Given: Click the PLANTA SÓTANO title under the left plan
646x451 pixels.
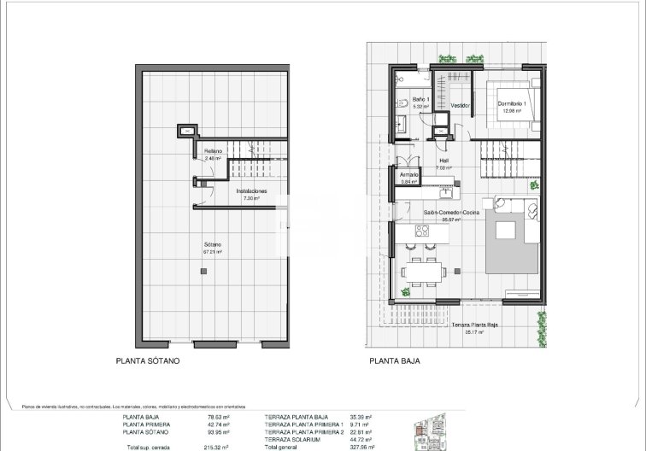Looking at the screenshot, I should point(148,361).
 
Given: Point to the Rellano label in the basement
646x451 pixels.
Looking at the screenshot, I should point(213,153).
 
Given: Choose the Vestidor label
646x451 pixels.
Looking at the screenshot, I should point(461,105).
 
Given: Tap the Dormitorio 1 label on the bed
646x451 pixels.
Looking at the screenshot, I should point(514,104).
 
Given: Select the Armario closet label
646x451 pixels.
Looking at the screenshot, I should point(409,176).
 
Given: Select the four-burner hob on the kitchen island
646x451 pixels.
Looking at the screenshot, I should point(421,230).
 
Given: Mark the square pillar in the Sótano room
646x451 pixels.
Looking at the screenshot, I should point(203,271).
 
